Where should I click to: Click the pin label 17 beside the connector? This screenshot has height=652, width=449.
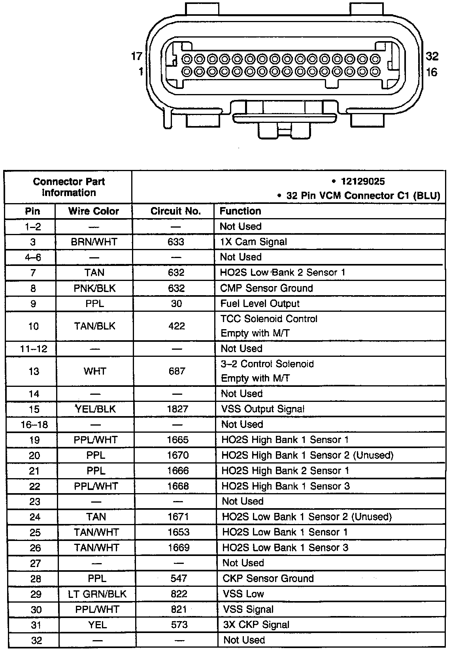tap(136, 56)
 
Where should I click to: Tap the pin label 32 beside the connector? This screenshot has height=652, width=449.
tap(432, 56)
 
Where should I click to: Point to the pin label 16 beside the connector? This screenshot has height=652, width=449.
tap(432, 72)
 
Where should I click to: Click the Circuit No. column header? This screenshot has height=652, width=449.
tap(175, 211)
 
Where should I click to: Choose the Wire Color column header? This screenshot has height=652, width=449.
tap(94, 211)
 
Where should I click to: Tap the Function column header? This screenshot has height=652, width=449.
tap(240, 211)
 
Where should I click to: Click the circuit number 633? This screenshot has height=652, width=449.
tap(176, 241)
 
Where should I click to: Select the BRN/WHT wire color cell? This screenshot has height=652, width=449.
tap(94, 241)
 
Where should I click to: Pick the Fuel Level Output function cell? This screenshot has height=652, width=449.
tap(260, 303)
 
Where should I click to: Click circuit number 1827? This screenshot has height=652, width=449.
tap(177, 409)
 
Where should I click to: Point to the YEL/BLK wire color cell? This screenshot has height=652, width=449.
tap(95, 409)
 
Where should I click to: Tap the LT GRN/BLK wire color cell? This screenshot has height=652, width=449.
tap(97, 594)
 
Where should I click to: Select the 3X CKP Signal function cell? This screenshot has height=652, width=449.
tap(256, 625)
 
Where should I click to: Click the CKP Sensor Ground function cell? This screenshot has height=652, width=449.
tap(268, 579)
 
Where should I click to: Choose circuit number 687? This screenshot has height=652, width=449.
tap(177, 371)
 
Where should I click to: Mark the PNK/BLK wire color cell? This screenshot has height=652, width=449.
tap(95, 288)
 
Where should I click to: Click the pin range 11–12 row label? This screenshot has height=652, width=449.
tap(33, 349)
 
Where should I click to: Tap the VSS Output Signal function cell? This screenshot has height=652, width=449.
tap(263, 409)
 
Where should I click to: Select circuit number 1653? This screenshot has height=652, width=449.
tap(178, 532)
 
